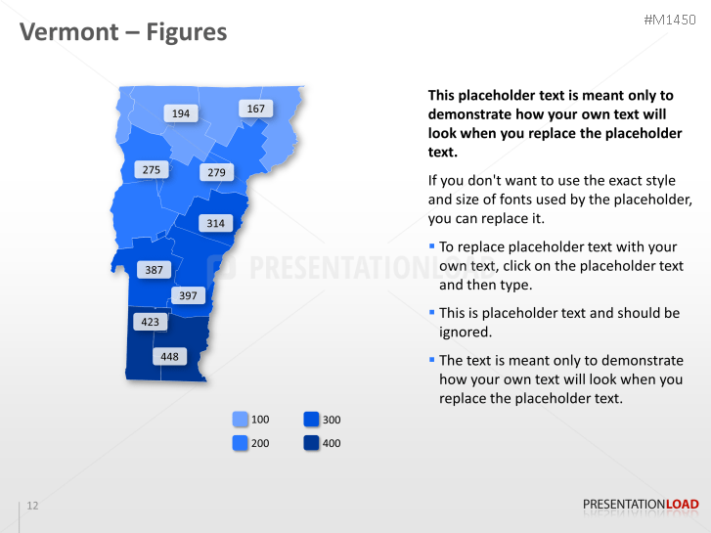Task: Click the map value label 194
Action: (x=181, y=113)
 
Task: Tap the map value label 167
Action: (x=255, y=109)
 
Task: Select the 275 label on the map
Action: (x=151, y=170)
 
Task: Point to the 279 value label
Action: (x=216, y=173)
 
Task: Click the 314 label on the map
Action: (x=216, y=223)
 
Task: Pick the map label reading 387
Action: (x=154, y=269)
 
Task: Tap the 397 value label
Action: (x=188, y=295)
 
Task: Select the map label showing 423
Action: (x=149, y=321)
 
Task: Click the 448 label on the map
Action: (x=169, y=357)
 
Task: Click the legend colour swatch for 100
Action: (x=241, y=420)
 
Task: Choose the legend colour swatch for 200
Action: (x=241, y=443)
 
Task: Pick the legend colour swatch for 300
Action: (x=311, y=420)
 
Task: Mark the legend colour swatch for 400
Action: (x=311, y=443)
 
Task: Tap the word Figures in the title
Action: (x=186, y=32)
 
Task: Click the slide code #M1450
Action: (x=670, y=20)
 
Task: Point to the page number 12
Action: (x=32, y=506)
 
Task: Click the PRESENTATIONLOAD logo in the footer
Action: (x=641, y=505)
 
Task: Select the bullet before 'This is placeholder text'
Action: (x=431, y=312)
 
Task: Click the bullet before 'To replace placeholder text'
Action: (x=431, y=246)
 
